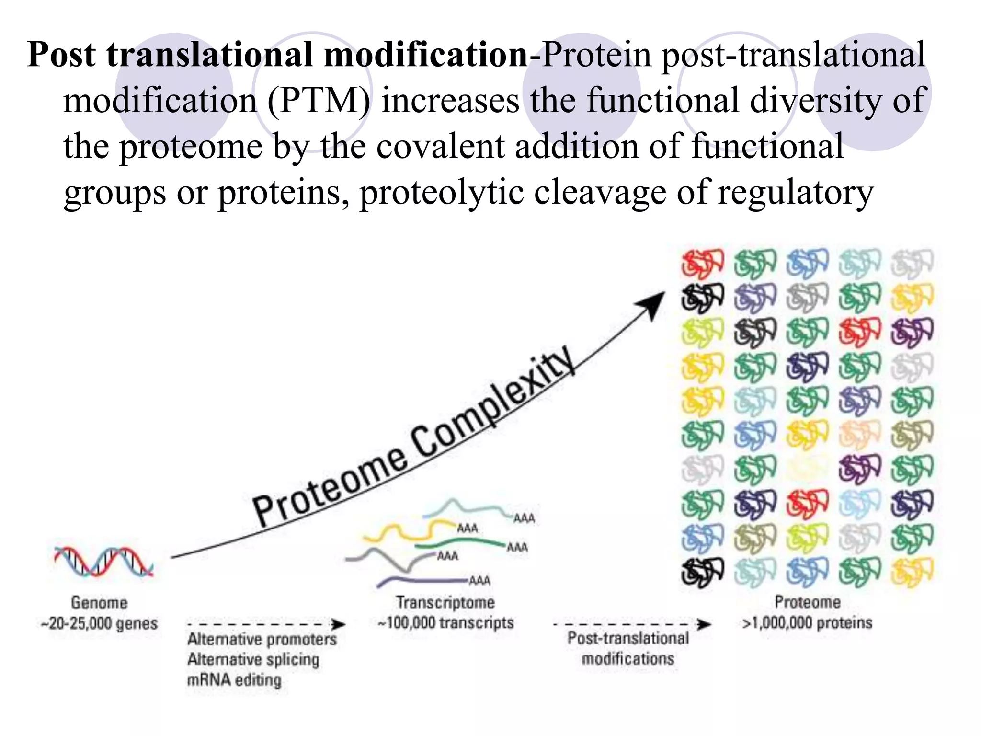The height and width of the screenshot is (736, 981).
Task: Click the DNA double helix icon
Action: click(x=103, y=561)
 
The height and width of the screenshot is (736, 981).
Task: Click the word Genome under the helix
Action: click(x=99, y=602)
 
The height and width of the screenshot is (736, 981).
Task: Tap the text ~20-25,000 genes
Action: click(x=99, y=623)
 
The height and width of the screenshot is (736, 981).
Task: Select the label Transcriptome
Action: click(x=445, y=602)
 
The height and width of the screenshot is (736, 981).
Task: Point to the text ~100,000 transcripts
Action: click(x=445, y=622)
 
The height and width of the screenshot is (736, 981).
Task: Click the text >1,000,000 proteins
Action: click(x=807, y=622)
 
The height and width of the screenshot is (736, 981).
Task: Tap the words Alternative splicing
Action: click(x=253, y=659)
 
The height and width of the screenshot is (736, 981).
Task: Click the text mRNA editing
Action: click(x=234, y=680)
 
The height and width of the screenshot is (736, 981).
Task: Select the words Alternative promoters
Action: click(x=262, y=639)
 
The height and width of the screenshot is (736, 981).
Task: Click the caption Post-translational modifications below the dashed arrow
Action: click(x=628, y=648)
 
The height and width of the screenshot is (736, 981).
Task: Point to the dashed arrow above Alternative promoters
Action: click(x=266, y=624)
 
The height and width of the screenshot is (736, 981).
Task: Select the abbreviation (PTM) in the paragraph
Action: click(x=319, y=100)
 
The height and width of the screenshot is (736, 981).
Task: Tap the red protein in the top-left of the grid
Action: click(x=702, y=263)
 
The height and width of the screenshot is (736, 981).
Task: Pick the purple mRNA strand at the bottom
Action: click(x=422, y=581)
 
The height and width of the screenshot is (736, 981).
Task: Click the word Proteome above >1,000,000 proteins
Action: click(x=808, y=602)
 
